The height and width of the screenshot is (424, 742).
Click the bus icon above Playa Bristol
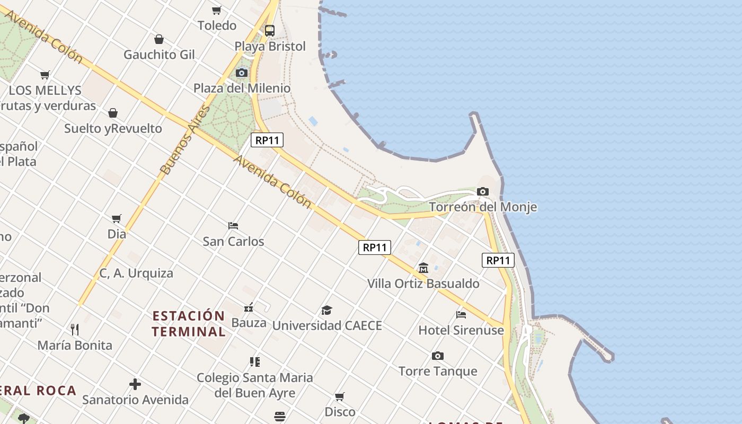[x=269, y=30]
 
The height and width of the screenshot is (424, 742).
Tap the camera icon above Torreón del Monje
[x=482, y=191]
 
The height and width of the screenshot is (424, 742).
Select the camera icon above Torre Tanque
[x=437, y=356]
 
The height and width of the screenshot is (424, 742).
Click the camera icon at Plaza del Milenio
[x=242, y=73]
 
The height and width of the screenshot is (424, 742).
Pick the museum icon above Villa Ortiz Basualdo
[x=423, y=268]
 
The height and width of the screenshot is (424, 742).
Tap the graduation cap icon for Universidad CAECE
[x=326, y=310]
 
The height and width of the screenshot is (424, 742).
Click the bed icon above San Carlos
[x=233, y=226]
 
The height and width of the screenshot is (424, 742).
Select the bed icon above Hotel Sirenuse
[x=461, y=314]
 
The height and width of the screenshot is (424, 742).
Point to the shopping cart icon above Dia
[x=117, y=218]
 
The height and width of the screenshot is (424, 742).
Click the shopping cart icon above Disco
[x=340, y=396]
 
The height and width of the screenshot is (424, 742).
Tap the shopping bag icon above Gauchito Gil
[x=158, y=39]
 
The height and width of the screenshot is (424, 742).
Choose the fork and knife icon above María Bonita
[x=75, y=330]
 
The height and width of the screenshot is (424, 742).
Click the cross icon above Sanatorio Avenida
[x=135, y=384]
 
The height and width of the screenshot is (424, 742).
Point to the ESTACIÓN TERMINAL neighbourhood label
[x=189, y=324]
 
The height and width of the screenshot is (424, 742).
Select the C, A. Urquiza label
[x=136, y=273]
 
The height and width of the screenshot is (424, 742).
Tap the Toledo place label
[x=217, y=25]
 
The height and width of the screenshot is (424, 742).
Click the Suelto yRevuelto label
[x=113, y=128]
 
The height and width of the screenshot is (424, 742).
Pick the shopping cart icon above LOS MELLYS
[x=45, y=75]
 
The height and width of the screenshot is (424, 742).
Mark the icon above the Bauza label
[x=249, y=307]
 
